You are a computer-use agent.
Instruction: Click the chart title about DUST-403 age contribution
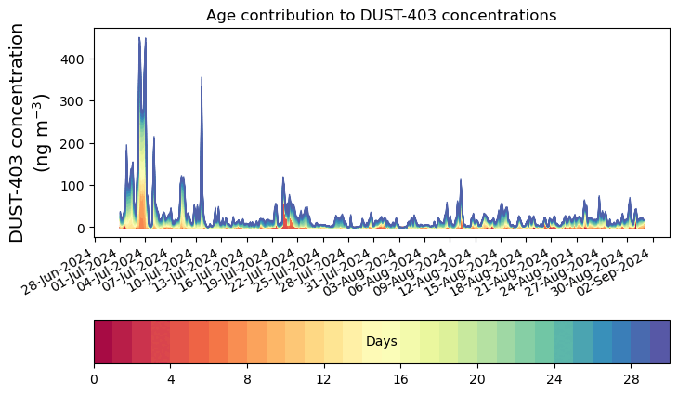[x=381, y=16]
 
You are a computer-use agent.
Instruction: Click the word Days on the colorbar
[x=381, y=342]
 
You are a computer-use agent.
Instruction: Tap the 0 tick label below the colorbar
[x=94, y=380]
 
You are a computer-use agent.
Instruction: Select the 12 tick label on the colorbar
[x=323, y=380]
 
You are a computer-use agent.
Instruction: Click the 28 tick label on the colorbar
[x=631, y=380]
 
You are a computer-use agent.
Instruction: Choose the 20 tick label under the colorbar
[x=477, y=380]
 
